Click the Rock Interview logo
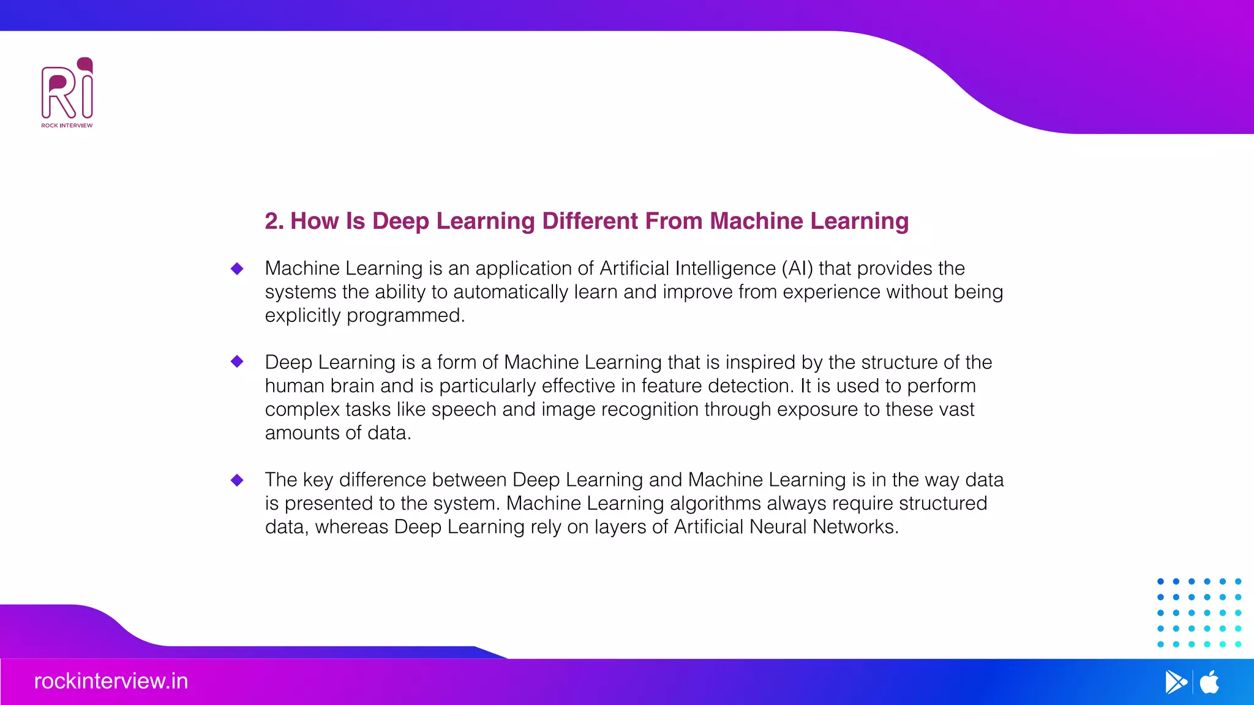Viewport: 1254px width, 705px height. point(67,92)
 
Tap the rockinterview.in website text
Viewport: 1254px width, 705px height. point(111,681)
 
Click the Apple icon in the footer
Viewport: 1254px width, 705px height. point(1209,682)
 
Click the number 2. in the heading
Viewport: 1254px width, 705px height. point(274,221)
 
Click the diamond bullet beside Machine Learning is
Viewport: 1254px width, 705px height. point(237,269)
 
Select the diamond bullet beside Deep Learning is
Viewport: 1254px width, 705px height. point(237,362)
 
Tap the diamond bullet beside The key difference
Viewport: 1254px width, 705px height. point(237,480)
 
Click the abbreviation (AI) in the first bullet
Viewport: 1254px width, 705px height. point(797,269)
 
